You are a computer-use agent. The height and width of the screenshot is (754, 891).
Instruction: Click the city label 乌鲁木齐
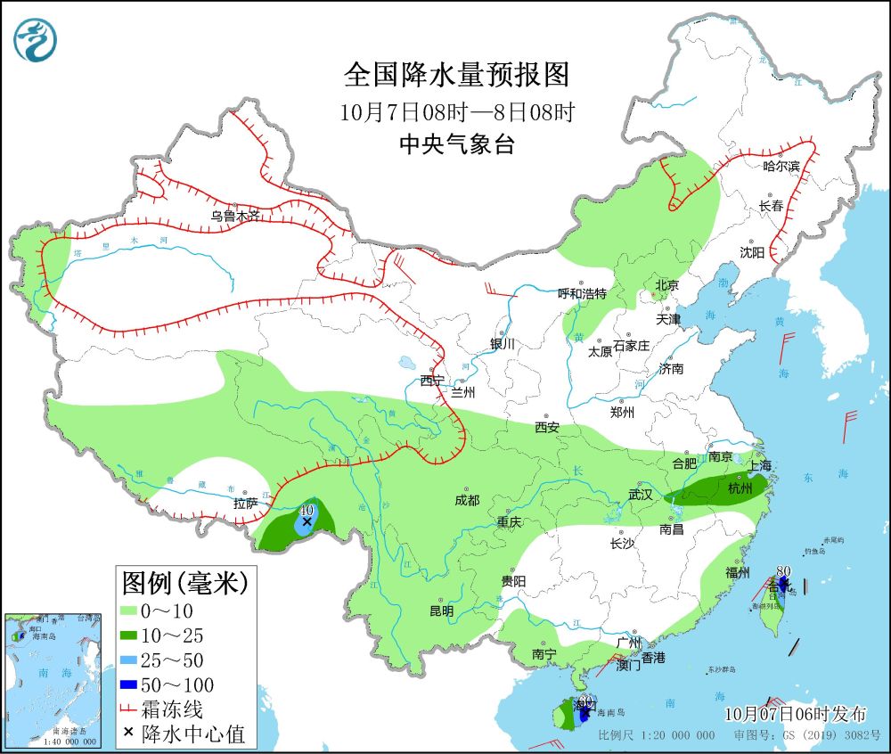tap(236, 215)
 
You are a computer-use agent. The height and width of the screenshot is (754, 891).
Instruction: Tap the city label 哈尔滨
tap(782, 167)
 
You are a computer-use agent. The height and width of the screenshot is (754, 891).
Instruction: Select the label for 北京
tap(666, 285)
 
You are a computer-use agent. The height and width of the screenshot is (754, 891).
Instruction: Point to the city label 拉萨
tap(246, 504)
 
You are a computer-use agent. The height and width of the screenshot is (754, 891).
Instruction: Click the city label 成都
tap(467, 501)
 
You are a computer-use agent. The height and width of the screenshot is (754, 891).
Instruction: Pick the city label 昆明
tap(441, 611)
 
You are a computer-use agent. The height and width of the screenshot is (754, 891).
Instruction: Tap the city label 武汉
tap(641, 494)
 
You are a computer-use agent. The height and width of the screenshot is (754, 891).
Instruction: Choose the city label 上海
tap(760, 465)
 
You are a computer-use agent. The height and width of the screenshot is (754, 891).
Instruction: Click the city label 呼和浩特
tap(582, 293)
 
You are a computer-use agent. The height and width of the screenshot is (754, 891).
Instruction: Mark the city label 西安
tap(547, 428)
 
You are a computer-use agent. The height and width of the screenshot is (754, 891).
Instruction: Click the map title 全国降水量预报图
tap(457, 75)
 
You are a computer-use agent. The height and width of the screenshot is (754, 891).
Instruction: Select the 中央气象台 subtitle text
tap(457, 145)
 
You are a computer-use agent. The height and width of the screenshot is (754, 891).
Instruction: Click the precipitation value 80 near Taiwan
tap(784, 571)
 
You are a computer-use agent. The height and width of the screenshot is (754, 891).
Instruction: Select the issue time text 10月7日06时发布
tap(795, 714)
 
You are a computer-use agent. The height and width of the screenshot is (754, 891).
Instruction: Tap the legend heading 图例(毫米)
tap(184, 583)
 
